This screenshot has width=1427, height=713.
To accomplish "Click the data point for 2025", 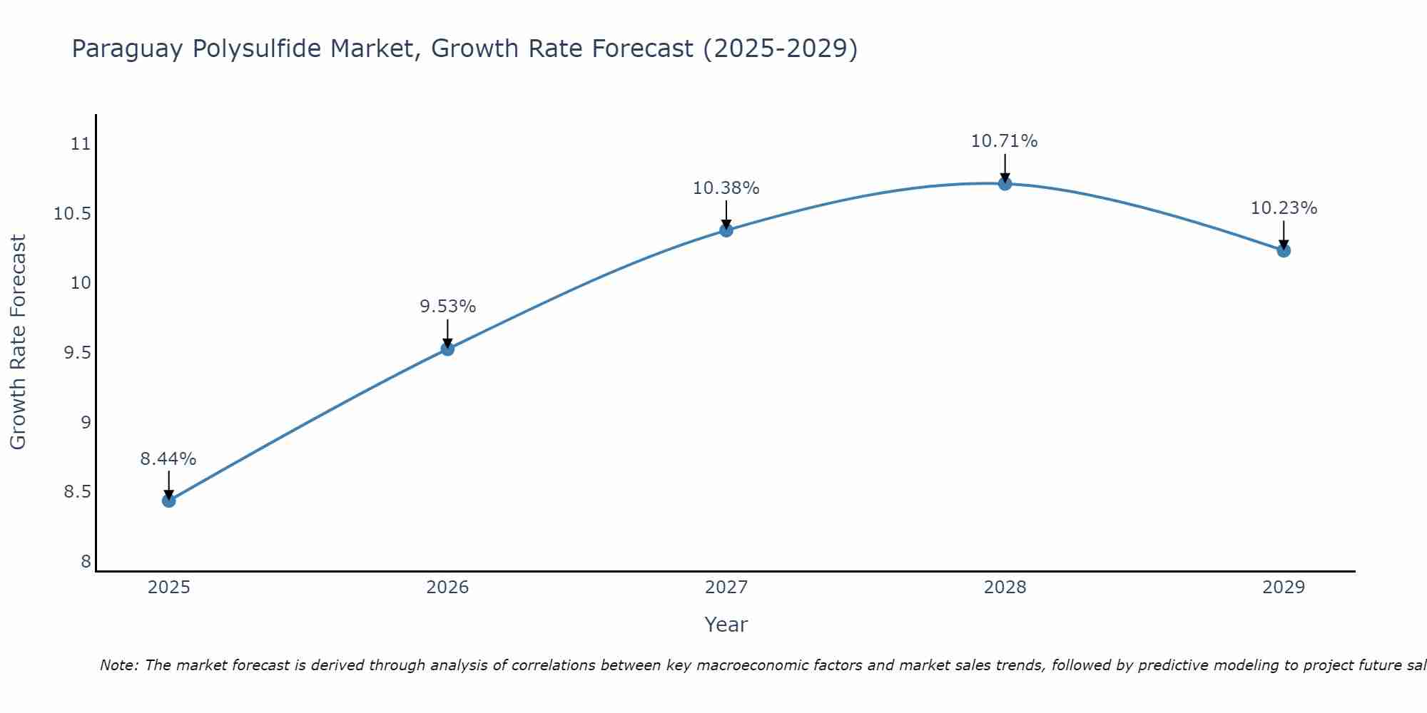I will coord(168,501).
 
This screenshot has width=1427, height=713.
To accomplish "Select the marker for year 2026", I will coord(447,349).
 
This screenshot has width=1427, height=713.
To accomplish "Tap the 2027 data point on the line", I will coord(726,230).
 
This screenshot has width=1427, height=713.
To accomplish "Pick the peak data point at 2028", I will coord(1005,183).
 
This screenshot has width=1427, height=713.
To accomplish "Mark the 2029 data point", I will coord(1284,250).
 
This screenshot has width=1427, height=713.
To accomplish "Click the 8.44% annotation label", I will coord(168,459).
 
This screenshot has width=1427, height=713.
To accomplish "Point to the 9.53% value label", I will coord(447,307).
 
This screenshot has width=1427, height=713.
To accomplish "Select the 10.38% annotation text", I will coord(726,188).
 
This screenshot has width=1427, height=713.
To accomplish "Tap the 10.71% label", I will coord(1005,141).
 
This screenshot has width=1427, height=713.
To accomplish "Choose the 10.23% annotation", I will coord(1284,208).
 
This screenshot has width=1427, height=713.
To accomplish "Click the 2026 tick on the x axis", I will coord(447,588).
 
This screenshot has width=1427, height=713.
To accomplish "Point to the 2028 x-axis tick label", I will coord(1005,588).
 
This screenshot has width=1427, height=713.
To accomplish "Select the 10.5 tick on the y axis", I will coord(73,214).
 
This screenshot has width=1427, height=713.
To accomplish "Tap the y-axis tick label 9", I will coord(86,423).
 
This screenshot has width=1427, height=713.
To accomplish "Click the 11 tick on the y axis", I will coord(81,144).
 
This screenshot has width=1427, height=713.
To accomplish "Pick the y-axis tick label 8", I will coord(86,562).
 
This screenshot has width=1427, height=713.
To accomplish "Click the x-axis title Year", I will coord(726,625).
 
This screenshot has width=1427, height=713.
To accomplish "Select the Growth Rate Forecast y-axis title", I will coord(19,342).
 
